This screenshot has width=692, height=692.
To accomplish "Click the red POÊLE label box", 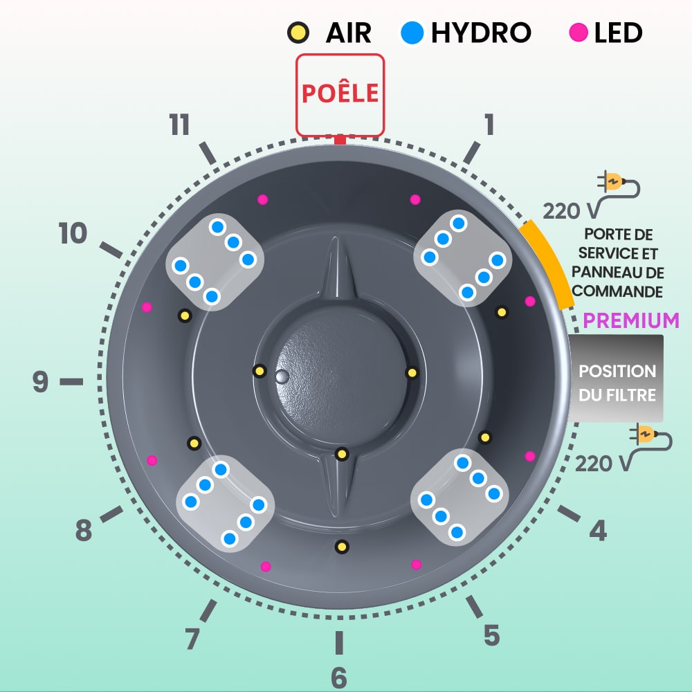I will tap(340, 94).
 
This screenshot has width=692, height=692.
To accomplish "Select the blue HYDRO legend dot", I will tap(412, 32).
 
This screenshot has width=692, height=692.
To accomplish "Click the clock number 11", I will tap(179, 126).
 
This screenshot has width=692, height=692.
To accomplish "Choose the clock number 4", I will tap(598, 531).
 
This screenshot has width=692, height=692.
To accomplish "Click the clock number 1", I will tap(489, 125).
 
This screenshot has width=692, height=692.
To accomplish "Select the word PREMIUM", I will tap(630, 320).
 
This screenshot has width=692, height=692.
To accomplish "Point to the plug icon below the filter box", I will tap(650, 437).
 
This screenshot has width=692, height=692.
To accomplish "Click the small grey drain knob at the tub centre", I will tap(281, 376).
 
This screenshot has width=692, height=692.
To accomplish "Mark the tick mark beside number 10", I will tap(111, 251).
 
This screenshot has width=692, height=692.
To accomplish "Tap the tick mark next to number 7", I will tap(208, 611).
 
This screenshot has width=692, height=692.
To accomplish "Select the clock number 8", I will tap(84, 531).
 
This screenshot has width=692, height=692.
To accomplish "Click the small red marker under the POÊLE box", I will tap(339, 140).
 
